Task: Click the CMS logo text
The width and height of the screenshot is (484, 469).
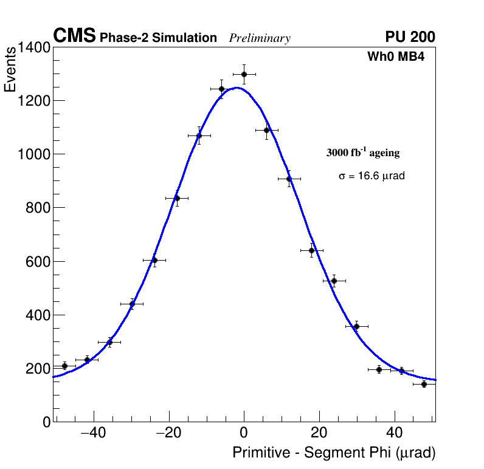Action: tap(74, 36)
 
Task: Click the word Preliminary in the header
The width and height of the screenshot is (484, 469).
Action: tap(260, 38)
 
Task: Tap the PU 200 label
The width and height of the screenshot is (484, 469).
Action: tap(410, 37)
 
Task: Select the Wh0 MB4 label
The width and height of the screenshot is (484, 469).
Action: tap(395, 57)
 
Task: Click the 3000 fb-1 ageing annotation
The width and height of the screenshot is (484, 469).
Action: tap(363, 152)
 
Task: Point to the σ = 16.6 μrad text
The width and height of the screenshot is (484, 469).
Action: tap(372, 176)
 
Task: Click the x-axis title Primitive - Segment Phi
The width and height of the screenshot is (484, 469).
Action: tap(334, 453)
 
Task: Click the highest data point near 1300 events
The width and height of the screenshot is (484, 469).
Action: tap(244, 74)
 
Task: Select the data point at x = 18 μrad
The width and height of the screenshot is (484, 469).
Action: tap(312, 250)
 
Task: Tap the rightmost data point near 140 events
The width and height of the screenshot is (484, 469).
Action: tap(424, 384)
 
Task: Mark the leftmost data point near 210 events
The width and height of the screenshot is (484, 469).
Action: tap(64, 366)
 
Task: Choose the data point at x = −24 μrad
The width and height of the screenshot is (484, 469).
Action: tap(154, 260)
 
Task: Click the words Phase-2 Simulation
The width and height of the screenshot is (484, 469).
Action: tap(158, 38)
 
